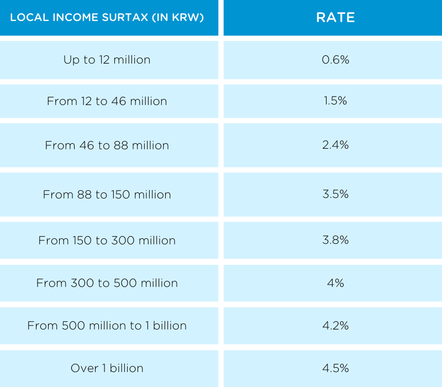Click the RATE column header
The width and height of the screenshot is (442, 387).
pyautogui.click(x=335, y=17)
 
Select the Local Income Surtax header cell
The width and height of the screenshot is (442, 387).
pyautogui.click(x=107, y=17)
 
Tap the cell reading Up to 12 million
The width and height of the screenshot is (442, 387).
pyautogui.click(x=107, y=60)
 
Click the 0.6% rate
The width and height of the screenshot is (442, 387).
pyautogui.click(x=335, y=60)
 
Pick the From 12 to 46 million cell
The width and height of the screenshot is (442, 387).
pyautogui.click(x=107, y=101)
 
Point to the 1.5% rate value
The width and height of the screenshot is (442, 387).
pyautogui.click(x=335, y=101)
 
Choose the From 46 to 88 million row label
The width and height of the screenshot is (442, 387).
pyautogui.click(x=107, y=145)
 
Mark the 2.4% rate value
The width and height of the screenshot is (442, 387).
pyautogui.click(x=335, y=145)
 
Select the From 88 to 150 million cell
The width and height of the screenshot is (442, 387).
pyautogui.click(x=107, y=195)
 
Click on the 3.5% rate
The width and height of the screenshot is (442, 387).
pyautogui.click(x=335, y=195)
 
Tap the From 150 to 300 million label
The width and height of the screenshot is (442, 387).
pyautogui.click(x=107, y=240)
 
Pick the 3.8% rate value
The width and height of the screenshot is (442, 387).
pyautogui.click(x=335, y=240)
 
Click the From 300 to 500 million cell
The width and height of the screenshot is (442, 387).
pyautogui.click(x=107, y=283)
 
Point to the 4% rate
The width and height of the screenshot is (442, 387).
pyautogui.click(x=335, y=283)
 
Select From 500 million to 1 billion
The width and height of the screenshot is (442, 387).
pyautogui.click(x=107, y=326)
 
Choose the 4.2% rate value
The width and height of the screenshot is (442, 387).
pyautogui.click(x=335, y=326)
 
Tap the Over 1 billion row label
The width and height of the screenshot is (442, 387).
pyautogui.click(x=107, y=368)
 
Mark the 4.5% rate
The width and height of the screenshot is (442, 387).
pyautogui.click(x=335, y=368)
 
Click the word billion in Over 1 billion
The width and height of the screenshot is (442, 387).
pyautogui.click(x=127, y=368)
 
